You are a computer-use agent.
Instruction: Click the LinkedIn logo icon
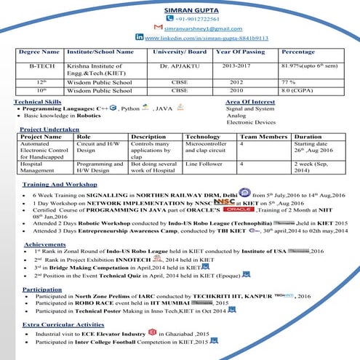point(139,36)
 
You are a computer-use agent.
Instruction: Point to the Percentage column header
point(298,52)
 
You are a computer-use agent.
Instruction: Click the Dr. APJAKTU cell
point(178,66)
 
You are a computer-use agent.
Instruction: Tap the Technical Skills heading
point(37,103)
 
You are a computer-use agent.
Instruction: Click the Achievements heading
point(44,244)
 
